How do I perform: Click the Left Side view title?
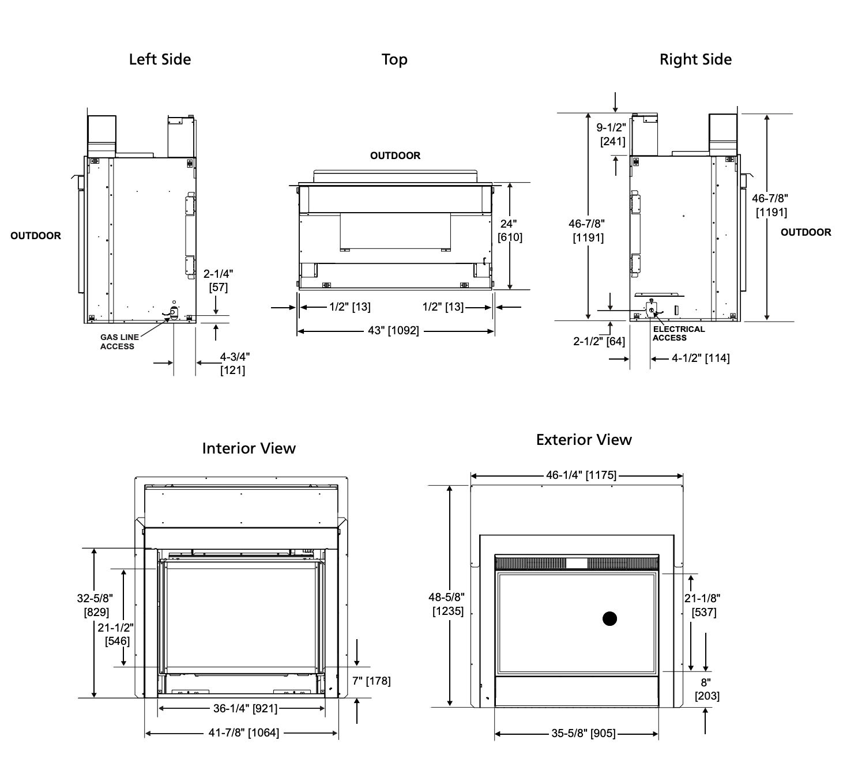[160, 59]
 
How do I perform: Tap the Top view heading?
[394, 59]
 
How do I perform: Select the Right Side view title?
[695, 59]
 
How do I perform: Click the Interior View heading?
[249, 448]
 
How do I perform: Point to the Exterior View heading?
[584, 440]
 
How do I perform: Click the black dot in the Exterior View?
[609, 618]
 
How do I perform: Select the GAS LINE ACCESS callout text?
[120, 342]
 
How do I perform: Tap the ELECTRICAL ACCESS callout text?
[678, 333]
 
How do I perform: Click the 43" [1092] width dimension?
[393, 330]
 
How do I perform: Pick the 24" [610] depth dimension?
[510, 231]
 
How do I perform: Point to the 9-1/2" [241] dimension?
[612, 134]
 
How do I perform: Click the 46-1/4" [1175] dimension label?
[581, 475]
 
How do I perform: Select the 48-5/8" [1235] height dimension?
[447, 604]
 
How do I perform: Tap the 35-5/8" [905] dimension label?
[583, 734]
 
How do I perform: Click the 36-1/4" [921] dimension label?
[245, 708]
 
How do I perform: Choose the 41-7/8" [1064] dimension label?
[244, 732]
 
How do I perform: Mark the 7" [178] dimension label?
[371, 681]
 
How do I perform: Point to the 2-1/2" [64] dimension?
[599, 341]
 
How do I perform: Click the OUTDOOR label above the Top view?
[395, 156]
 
